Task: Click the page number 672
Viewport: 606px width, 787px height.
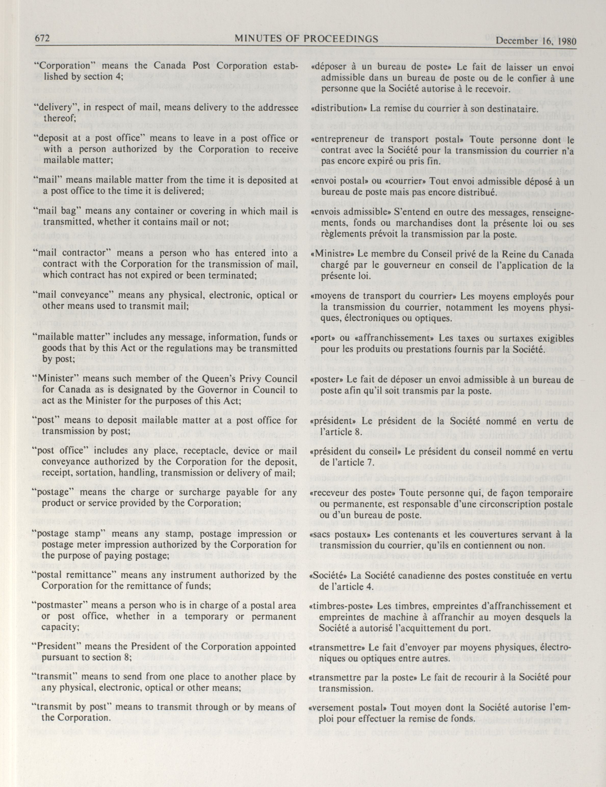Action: coord(42,39)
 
